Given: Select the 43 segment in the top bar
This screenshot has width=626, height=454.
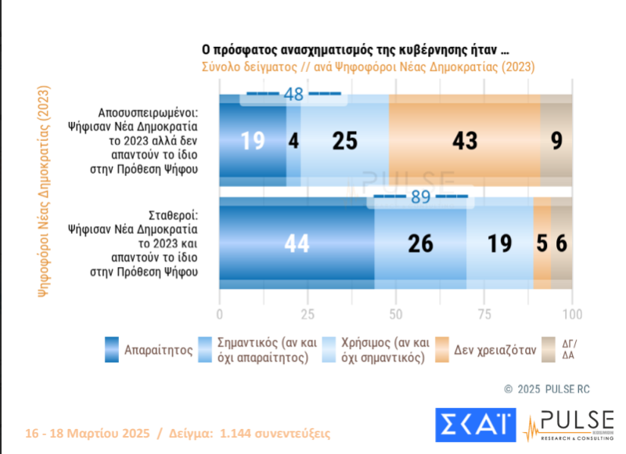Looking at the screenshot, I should point(464,140).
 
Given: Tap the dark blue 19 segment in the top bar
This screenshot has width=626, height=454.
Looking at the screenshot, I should point(253,140).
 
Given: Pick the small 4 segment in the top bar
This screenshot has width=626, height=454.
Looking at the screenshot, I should point(293,140).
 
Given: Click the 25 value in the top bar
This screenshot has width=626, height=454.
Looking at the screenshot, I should point(344,140).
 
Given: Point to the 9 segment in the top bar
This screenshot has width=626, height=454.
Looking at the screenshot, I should point(556,140).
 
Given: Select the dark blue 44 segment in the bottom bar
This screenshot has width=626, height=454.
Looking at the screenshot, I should point(297,244).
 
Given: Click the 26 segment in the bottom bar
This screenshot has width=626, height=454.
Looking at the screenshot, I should point(420,244).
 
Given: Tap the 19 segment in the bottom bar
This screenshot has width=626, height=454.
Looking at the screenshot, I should point(500,244).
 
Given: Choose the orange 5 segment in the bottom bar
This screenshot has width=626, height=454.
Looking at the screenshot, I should point(541,244).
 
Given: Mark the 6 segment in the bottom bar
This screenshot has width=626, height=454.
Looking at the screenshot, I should point(561,244).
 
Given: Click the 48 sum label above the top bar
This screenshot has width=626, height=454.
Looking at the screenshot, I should point(293,95).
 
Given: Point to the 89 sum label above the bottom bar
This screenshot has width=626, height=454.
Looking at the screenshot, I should point(421,197).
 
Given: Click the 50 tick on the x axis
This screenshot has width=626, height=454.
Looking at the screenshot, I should point(396,314).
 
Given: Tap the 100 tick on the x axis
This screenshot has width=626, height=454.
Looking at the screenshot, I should point(572,314).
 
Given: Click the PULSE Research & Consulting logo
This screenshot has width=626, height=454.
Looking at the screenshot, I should point(568,426).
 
